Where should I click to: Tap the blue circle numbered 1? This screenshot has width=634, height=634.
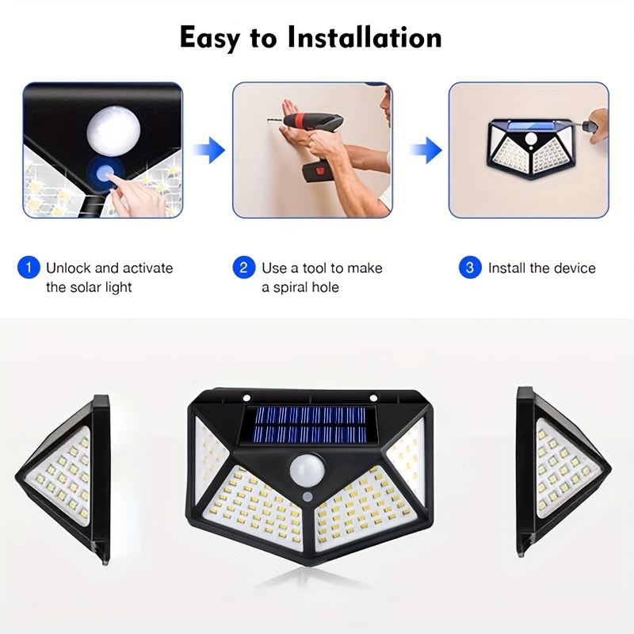(28, 268)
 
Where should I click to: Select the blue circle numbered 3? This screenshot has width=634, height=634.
(470, 268)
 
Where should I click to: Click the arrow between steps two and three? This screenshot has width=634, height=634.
(429, 149)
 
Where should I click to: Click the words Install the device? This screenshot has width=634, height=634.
(541, 268)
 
